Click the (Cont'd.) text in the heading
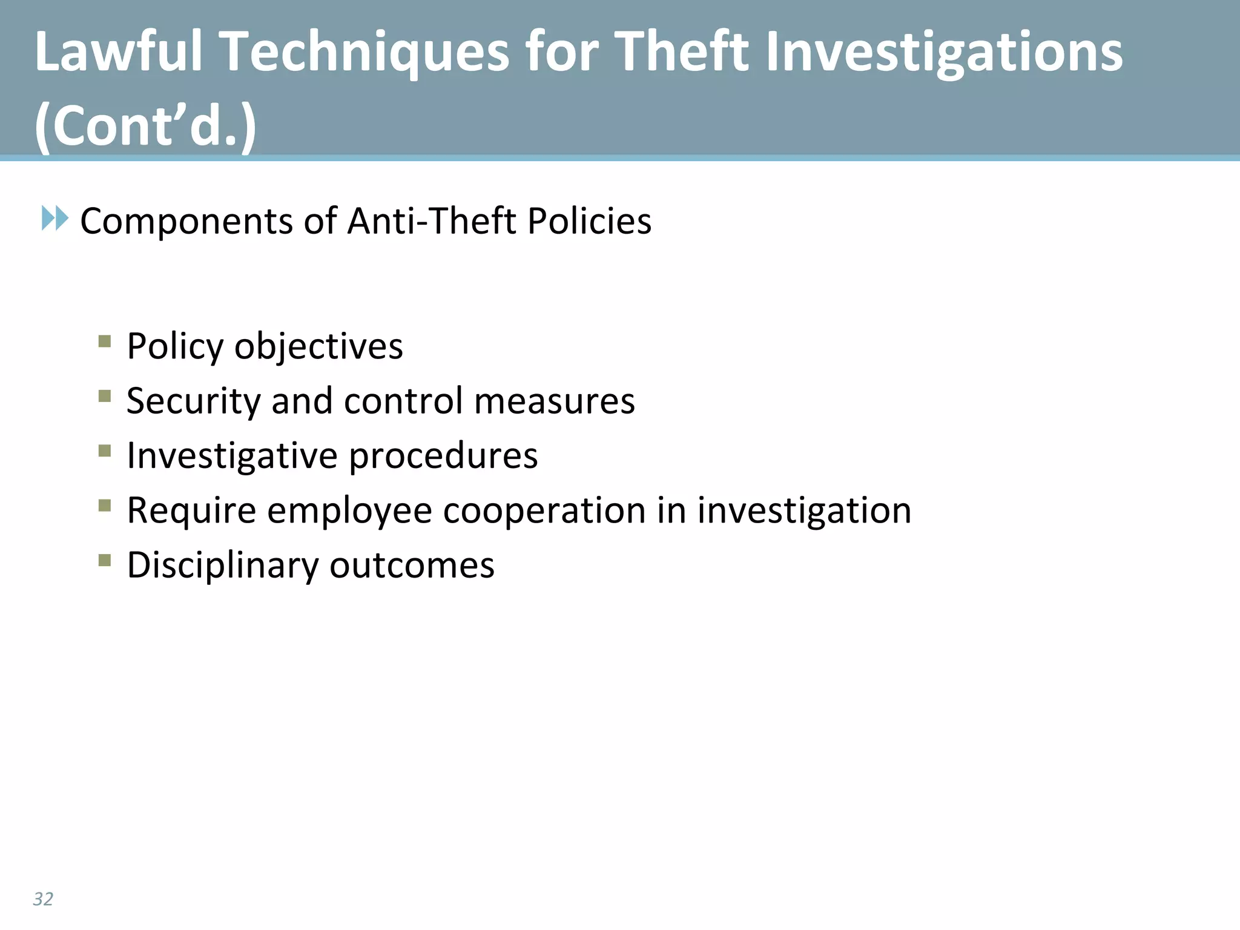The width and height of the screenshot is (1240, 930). [x=146, y=125]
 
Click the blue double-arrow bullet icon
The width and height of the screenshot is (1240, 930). [x=55, y=218]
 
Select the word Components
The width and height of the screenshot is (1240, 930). [x=186, y=221]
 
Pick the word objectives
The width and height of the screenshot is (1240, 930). [x=318, y=346]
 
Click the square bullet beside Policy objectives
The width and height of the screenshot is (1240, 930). [x=105, y=341]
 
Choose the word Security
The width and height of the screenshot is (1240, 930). [x=193, y=401]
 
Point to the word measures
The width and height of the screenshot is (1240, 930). [x=555, y=401]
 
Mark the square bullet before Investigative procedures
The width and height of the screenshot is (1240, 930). [x=105, y=450]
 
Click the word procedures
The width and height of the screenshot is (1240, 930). [x=443, y=456]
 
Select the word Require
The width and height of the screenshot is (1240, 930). [x=191, y=510]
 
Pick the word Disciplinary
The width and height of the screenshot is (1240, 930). [x=222, y=566]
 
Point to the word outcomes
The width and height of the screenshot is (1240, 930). [x=412, y=566]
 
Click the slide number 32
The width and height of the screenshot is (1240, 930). [x=43, y=899]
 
